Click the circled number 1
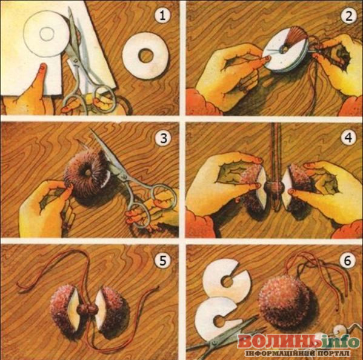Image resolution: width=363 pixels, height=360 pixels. [163, 16]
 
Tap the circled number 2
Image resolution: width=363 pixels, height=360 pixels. [348, 16]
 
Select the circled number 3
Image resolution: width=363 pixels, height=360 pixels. [164, 138]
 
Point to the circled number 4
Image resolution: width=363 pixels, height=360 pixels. [348, 138]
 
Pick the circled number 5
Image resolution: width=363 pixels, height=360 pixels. [163, 261]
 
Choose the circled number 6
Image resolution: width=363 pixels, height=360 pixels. [347, 261]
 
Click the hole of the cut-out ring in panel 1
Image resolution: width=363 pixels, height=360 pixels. [146, 56]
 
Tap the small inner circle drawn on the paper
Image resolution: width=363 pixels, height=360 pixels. [47, 34]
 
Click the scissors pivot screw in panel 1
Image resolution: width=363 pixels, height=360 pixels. [76, 61]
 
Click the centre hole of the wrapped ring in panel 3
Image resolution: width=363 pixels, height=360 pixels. [88, 172]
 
